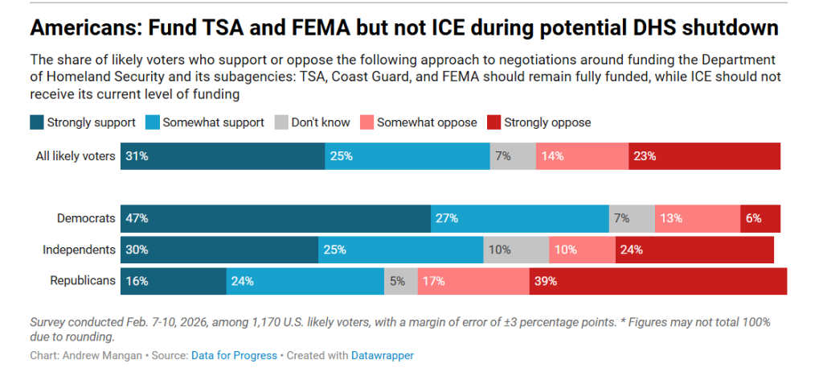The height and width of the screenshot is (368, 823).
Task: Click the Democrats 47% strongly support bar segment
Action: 276,219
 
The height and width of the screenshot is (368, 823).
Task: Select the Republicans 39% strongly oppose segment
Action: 658,281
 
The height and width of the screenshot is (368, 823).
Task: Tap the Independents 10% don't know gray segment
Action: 516,250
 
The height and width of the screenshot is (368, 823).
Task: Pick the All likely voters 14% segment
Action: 582,156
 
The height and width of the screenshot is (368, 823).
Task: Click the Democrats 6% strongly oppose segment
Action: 760,219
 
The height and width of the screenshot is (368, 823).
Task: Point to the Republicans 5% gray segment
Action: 401,281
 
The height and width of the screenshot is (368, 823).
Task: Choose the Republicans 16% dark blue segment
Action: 174,281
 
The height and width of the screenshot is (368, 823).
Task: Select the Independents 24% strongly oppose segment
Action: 694,250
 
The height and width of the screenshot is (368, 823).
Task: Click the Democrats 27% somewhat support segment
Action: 520,219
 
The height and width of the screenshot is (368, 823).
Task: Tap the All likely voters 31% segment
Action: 223,156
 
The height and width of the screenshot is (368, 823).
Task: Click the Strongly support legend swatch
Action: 37,122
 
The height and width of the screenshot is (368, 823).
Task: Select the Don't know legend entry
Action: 313,122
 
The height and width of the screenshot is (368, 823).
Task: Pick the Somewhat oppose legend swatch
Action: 366,122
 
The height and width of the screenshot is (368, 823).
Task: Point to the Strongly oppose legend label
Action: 547,122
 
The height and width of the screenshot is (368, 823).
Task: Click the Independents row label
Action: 79,250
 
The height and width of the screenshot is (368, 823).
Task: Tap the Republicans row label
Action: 83,281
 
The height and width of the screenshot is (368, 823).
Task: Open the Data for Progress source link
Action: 234,356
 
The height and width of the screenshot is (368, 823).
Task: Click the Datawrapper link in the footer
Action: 382,356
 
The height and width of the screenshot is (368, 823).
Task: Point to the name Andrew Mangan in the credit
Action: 101,356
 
